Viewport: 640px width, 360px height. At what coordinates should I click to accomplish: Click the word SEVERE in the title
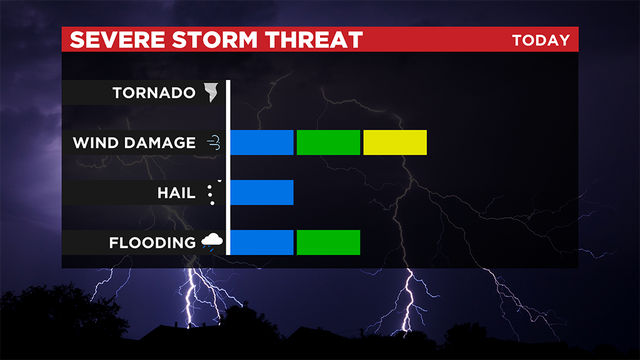tap(109, 40)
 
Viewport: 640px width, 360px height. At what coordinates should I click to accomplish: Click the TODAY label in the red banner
tap(540, 40)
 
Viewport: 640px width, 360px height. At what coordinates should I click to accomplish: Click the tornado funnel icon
tap(211, 93)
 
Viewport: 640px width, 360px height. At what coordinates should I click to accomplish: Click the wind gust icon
tap(212, 143)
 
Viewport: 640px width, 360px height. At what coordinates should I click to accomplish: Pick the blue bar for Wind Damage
tap(262, 143)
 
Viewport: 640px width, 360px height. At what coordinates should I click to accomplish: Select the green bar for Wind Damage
tap(328, 143)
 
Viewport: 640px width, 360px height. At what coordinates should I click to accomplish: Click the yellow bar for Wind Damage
tap(395, 143)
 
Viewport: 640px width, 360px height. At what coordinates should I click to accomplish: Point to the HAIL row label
tap(175, 192)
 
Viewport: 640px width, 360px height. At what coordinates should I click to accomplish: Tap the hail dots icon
tap(211, 192)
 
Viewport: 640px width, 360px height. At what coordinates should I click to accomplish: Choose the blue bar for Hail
tap(262, 192)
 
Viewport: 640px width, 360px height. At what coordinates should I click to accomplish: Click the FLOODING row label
tap(153, 242)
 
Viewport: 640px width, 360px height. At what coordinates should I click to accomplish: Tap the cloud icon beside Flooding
tap(212, 241)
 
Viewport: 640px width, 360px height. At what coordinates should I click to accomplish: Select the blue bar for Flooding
tap(262, 242)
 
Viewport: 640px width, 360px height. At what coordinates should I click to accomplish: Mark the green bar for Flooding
tap(328, 242)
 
